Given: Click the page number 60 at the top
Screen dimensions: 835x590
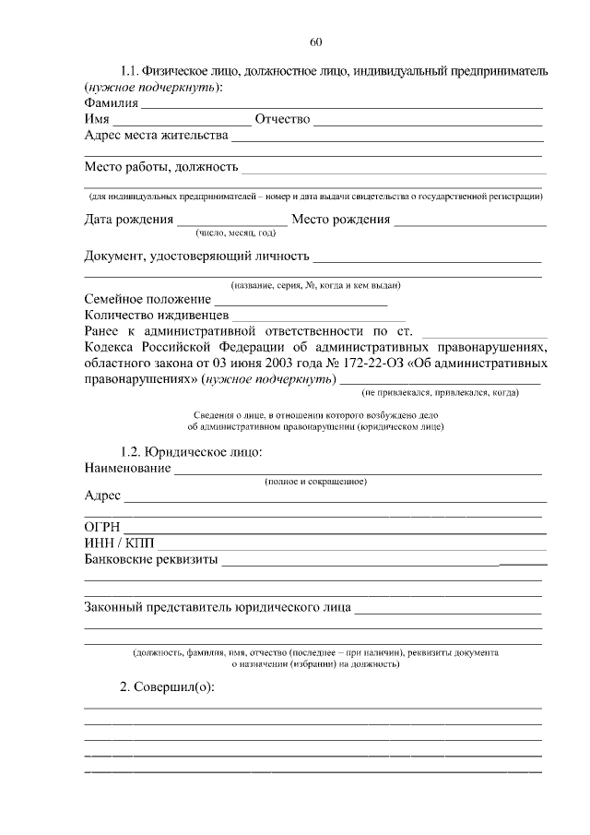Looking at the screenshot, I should [x=315, y=42].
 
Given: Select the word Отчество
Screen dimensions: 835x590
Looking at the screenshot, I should [x=282, y=119].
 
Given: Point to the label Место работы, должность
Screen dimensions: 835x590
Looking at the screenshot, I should [x=161, y=167].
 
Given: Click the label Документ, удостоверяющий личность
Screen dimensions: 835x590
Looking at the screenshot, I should [x=196, y=255].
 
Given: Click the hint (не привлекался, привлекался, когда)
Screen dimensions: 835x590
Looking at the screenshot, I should [x=440, y=392].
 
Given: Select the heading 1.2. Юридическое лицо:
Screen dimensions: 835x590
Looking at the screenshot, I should [x=192, y=452].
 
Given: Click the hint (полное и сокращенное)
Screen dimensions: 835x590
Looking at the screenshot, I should [x=315, y=482].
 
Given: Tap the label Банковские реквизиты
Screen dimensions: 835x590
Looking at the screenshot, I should [x=150, y=559].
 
